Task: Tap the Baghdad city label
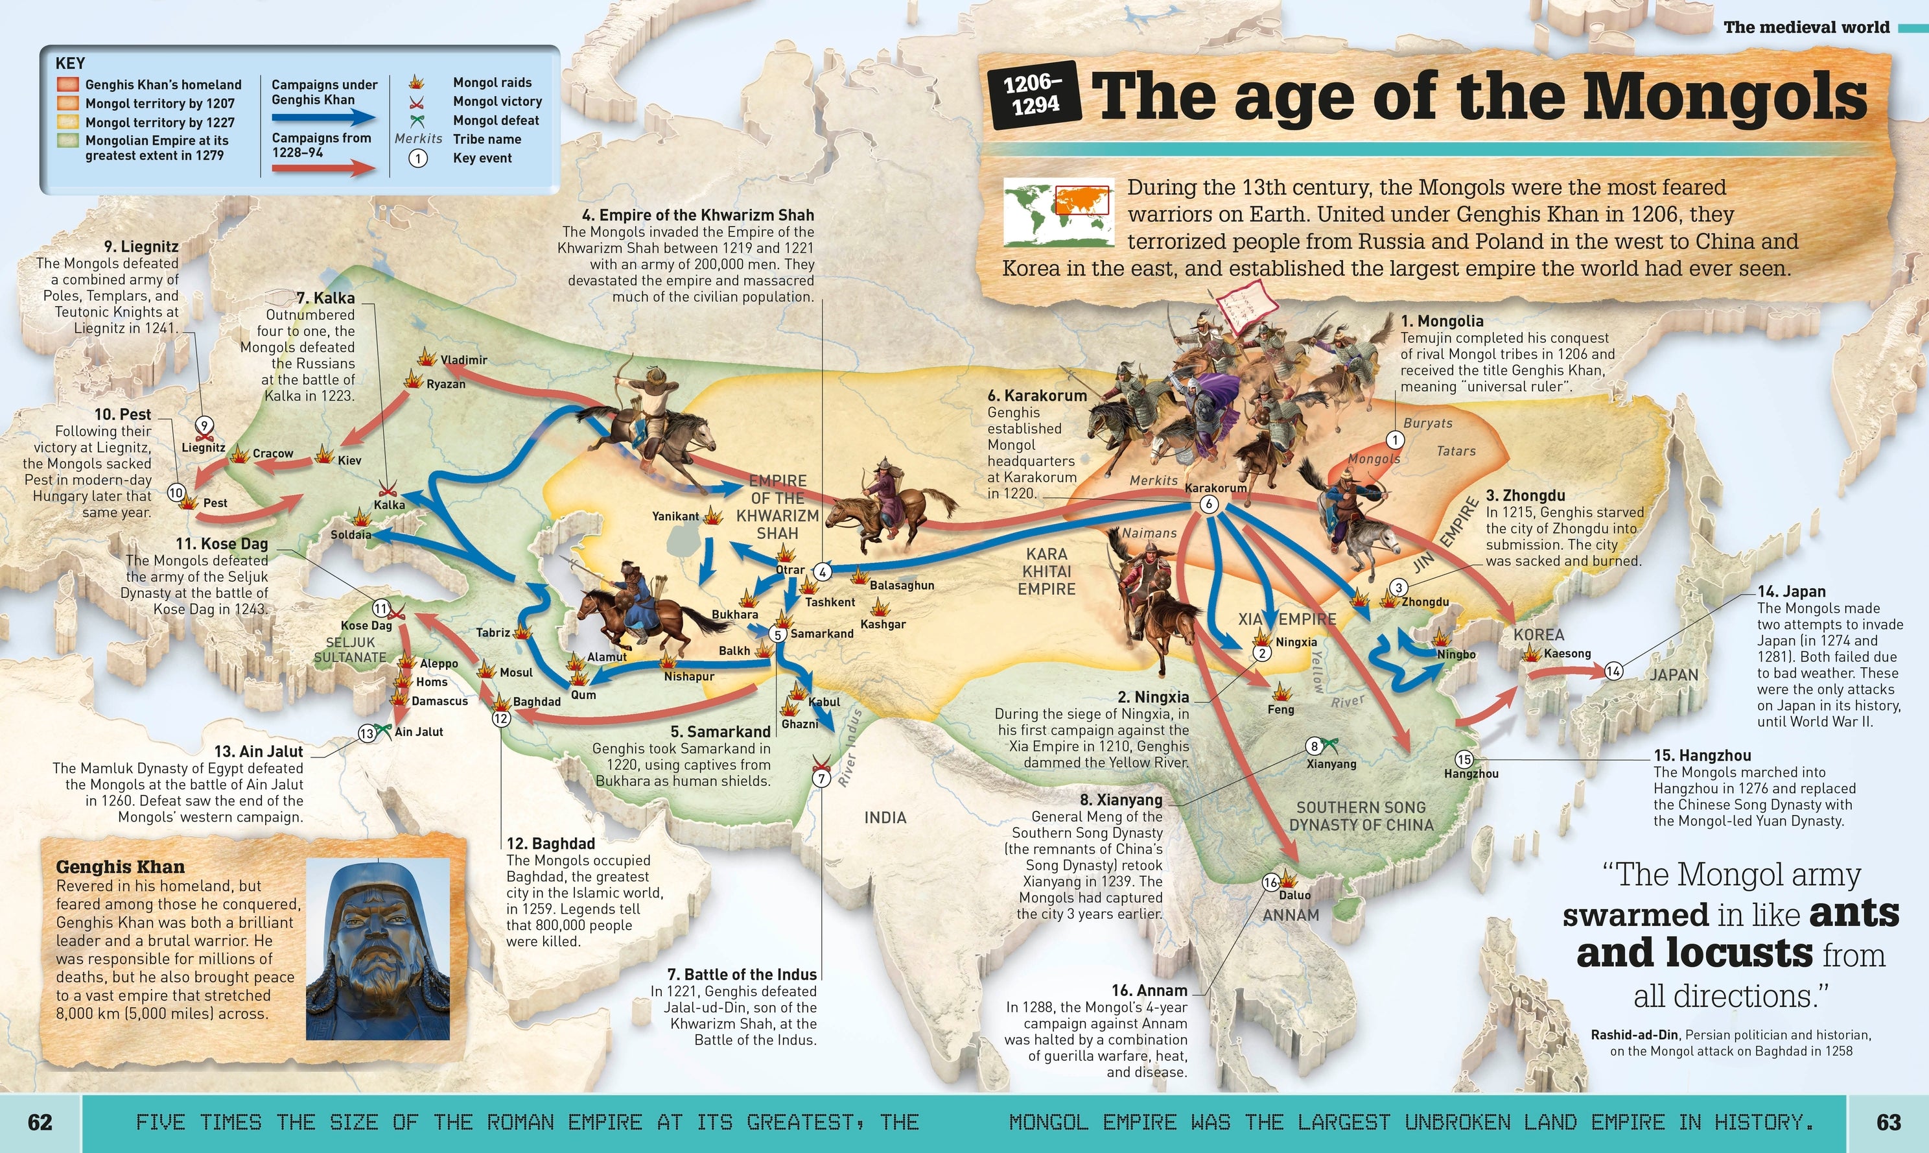[x=537, y=702]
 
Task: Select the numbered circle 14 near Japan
[x=1614, y=671]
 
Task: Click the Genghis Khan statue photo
[x=378, y=949]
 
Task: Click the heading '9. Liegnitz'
[x=141, y=246]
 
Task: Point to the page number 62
[x=40, y=1122]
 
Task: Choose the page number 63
[x=1889, y=1122]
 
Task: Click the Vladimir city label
[x=463, y=361]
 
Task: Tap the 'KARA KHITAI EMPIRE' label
[x=1047, y=571]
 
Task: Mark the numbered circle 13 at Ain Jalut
[x=366, y=733]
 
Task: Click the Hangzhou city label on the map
[x=1471, y=774]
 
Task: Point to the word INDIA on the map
[x=885, y=817]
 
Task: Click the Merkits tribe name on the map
[x=1153, y=481]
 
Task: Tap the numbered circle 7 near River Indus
[x=821, y=778]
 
